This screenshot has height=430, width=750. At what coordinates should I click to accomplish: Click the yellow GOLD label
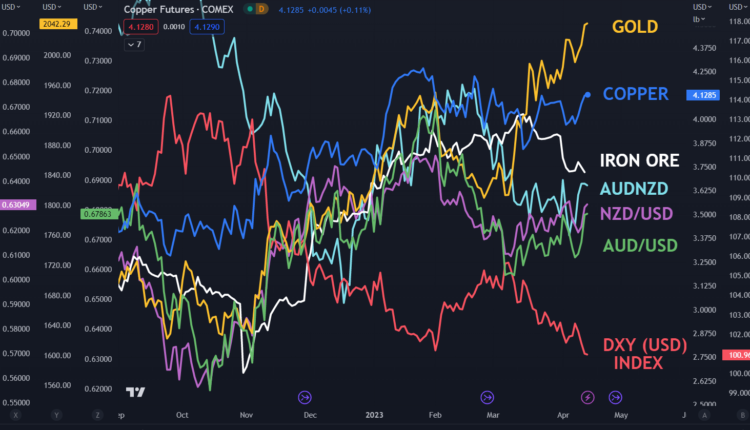(635, 27)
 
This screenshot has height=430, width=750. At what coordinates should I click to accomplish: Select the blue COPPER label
(636, 94)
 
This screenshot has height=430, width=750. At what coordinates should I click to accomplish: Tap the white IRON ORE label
(639, 160)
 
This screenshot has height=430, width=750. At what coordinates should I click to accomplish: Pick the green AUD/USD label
(640, 245)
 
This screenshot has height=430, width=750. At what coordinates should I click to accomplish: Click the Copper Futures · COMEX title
(177, 8)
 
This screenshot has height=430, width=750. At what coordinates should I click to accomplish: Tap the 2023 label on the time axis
(373, 414)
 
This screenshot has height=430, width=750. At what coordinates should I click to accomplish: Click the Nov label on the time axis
(246, 414)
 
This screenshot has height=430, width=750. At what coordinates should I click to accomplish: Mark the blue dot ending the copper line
(587, 95)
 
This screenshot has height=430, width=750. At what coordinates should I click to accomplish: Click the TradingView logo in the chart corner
(135, 392)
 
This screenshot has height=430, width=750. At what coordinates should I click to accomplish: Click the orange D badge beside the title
(262, 8)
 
